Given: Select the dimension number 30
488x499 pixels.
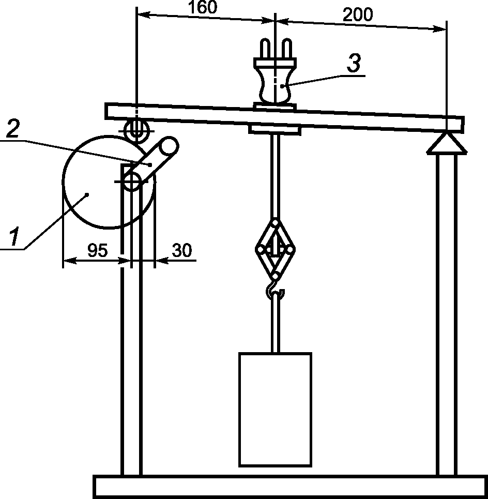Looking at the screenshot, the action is pos(181,250).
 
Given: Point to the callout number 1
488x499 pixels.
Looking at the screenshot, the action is pos(14,237).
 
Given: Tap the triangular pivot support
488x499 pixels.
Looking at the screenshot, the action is pos(446,143).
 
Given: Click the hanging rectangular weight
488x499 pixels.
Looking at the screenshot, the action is pos(274,409).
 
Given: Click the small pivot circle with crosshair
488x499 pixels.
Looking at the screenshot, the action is pos(131,181).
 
